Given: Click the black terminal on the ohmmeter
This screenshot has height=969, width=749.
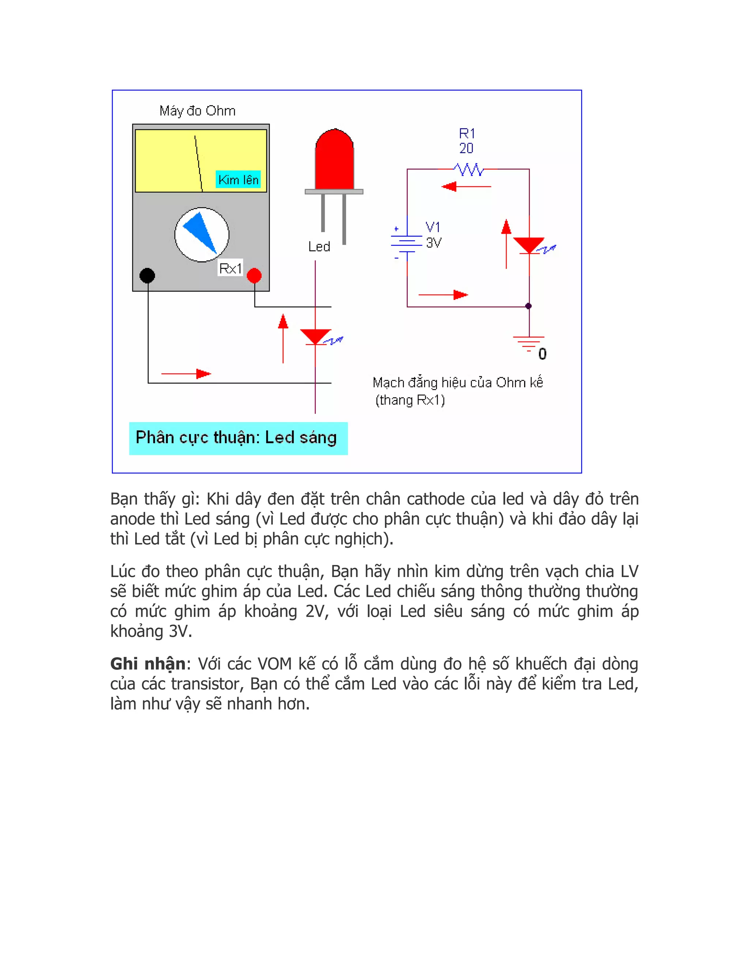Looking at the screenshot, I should click(x=147, y=276).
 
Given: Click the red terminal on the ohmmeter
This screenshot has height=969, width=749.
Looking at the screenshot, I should click(x=254, y=276).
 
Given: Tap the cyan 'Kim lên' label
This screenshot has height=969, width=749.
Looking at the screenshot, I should click(x=238, y=180).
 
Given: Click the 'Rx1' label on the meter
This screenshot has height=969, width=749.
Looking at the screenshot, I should click(x=230, y=268).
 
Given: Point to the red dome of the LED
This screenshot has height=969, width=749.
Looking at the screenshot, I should click(x=334, y=160).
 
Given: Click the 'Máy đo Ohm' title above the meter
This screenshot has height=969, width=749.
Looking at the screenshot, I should click(x=197, y=111).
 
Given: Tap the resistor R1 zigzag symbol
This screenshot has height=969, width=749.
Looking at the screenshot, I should click(x=468, y=170).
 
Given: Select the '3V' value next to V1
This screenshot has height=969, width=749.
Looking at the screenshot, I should click(x=433, y=243).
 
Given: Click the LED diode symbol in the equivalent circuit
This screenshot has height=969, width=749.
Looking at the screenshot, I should click(x=528, y=245).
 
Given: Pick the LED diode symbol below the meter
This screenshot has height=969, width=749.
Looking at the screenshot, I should click(x=316, y=337).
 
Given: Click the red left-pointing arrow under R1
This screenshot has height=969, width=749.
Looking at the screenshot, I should click(x=466, y=186).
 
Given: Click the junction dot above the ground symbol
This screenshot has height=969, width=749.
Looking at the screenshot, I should click(x=528, y=306).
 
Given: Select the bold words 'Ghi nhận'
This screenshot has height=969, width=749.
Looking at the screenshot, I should click(x=148, y=664).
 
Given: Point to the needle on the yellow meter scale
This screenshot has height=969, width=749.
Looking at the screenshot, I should click(x=198, y=163).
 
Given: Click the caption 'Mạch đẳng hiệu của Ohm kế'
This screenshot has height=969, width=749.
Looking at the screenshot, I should click(x=458, y=382).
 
